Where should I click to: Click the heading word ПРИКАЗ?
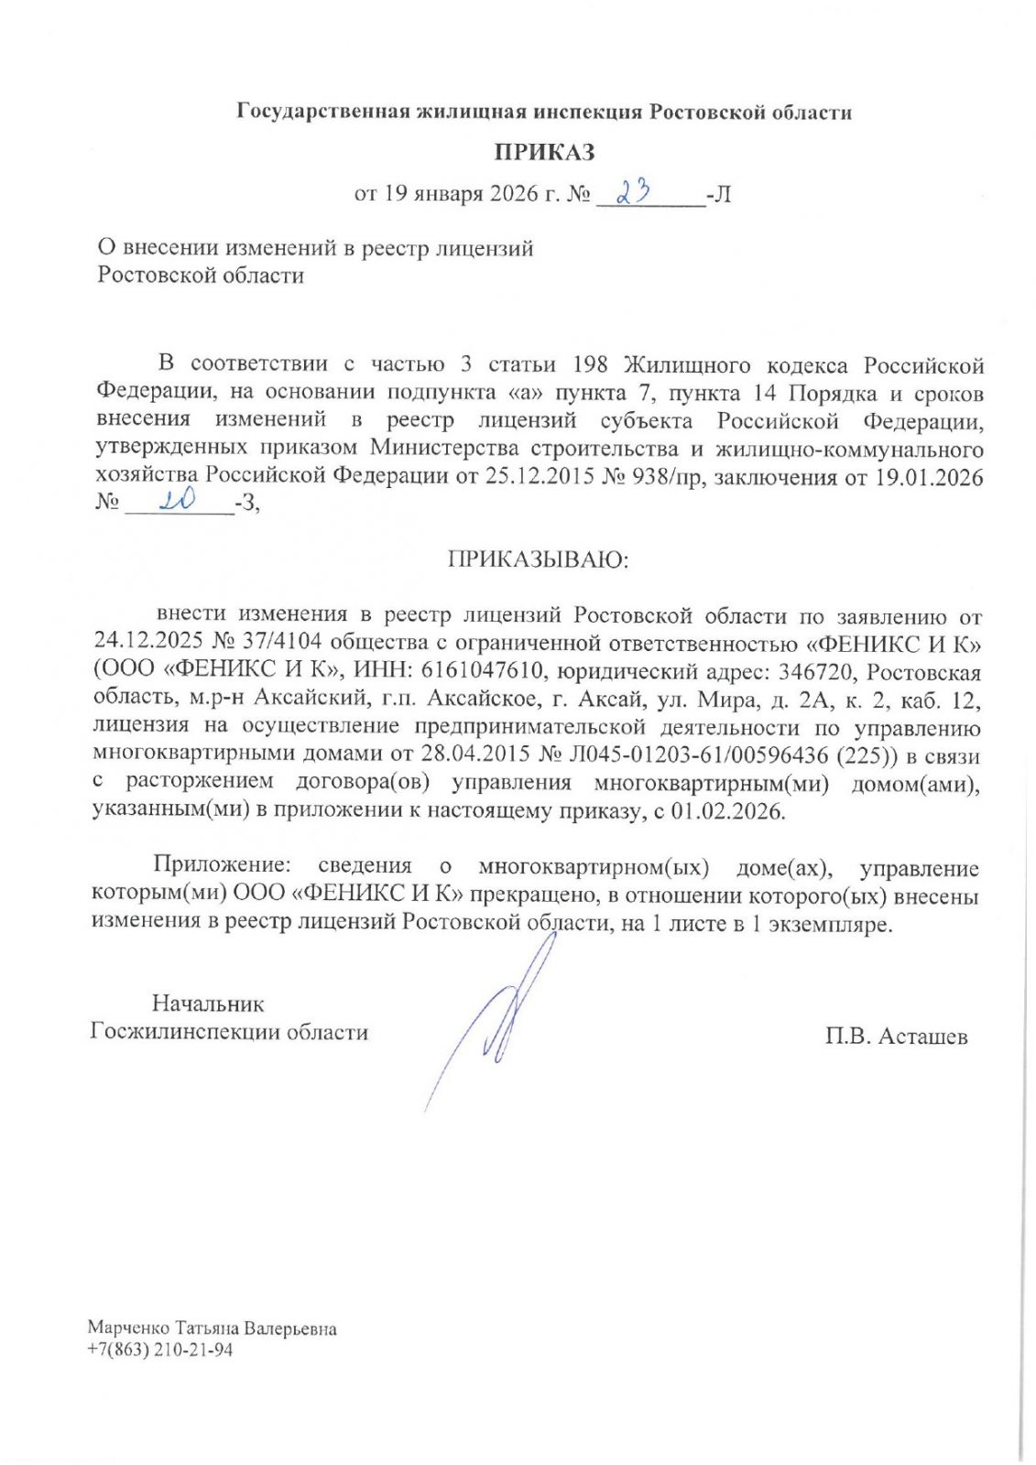coord(544,152)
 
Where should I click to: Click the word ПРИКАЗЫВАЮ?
coord(538,559)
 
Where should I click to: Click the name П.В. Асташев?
coord(895,1036)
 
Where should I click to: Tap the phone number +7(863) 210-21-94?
coord(160,1350)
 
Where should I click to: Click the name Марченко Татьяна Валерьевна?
coord(212,1328)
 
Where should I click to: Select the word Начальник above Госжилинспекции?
coord(208,1004)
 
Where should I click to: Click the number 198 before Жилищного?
coord(590,364)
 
